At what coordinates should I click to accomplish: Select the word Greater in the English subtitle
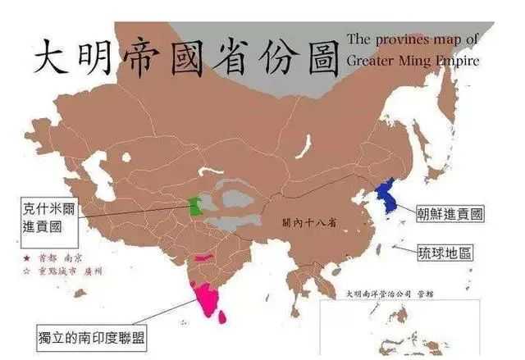(x=374, y=60)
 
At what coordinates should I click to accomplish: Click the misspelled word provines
(x=414, y=38)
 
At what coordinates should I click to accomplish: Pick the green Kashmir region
(x=194, y=205)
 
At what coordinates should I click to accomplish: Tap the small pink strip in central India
(x=203, y=257)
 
